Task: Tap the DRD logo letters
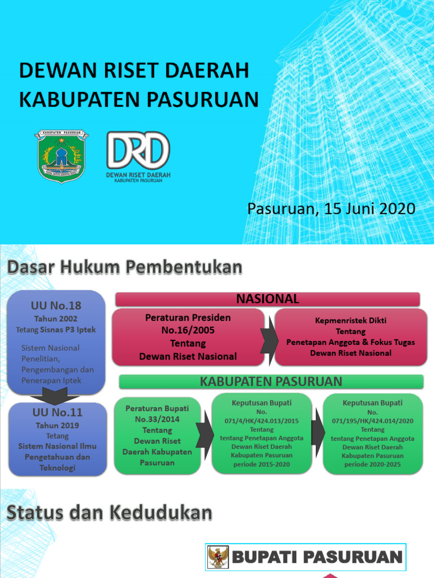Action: [138, 150]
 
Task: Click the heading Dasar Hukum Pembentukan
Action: [124, 268]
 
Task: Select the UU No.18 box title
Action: [56, 305]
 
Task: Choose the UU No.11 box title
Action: [57, 413]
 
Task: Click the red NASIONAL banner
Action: [268, 299]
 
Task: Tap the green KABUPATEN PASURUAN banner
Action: [271, 382]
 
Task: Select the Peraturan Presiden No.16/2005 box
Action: [188, 337]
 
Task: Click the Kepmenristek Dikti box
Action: [350, 337]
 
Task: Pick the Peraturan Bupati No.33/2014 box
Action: [157, 435]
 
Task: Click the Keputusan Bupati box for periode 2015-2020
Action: [262, 434]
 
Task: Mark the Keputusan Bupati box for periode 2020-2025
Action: [372, 434]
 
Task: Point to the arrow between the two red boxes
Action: [270, 338]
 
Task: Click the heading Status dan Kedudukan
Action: [110, 513]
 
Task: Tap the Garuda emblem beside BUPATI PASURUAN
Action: [218, 557]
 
